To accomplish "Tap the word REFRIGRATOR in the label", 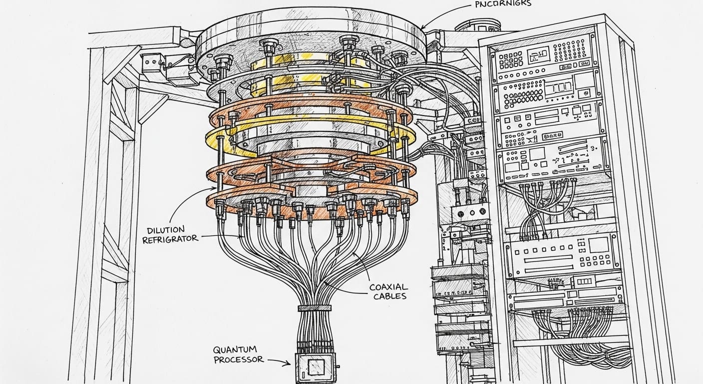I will [170, 239].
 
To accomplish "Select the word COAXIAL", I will [388, 287].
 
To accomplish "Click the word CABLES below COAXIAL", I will [388, 296].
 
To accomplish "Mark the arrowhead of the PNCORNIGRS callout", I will [423, 27].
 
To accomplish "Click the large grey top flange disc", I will [310, 37].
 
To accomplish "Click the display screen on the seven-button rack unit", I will [598, 245].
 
